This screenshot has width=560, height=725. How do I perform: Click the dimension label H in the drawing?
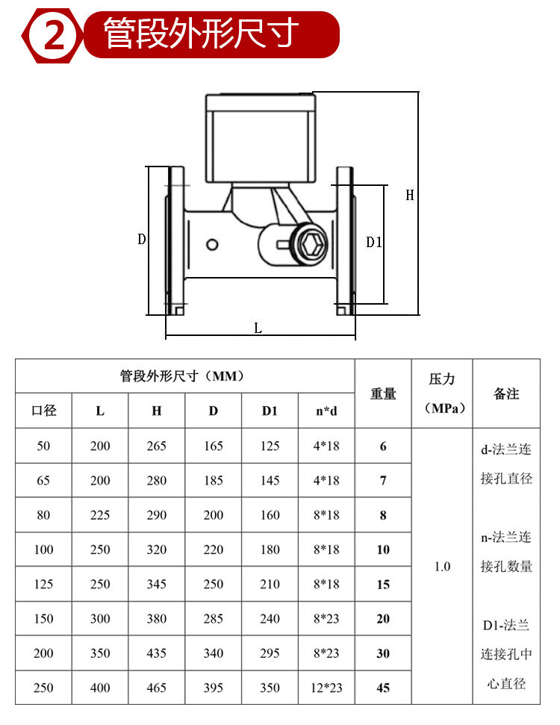click(410, 196)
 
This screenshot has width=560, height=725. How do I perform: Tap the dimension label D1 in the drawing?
click(374, 242)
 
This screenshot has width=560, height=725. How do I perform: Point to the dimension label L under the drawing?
click(258, 328)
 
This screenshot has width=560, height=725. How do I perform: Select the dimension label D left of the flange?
click(142, 240)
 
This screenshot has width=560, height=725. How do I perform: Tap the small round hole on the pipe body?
click(213, 244)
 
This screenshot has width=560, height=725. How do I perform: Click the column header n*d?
click(326, 411)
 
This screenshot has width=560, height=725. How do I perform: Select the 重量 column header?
click(383, 393)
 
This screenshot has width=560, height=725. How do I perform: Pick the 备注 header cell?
click(506, 393)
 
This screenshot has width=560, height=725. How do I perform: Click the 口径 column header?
click(44, 411)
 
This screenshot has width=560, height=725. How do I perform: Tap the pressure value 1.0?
click(442, 567)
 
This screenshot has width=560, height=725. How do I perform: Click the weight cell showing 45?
click(383, 688)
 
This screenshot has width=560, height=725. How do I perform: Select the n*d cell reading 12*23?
click(326, 688)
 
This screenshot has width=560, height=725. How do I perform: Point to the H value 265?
click(157, 446)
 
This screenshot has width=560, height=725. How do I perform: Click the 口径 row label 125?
click(44, 584)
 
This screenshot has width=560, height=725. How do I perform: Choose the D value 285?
click(214, 618)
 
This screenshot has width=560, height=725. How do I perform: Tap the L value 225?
click(100, 515)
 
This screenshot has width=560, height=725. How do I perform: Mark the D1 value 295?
click(270, 653)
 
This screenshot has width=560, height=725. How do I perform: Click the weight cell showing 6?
click(383, 446)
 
